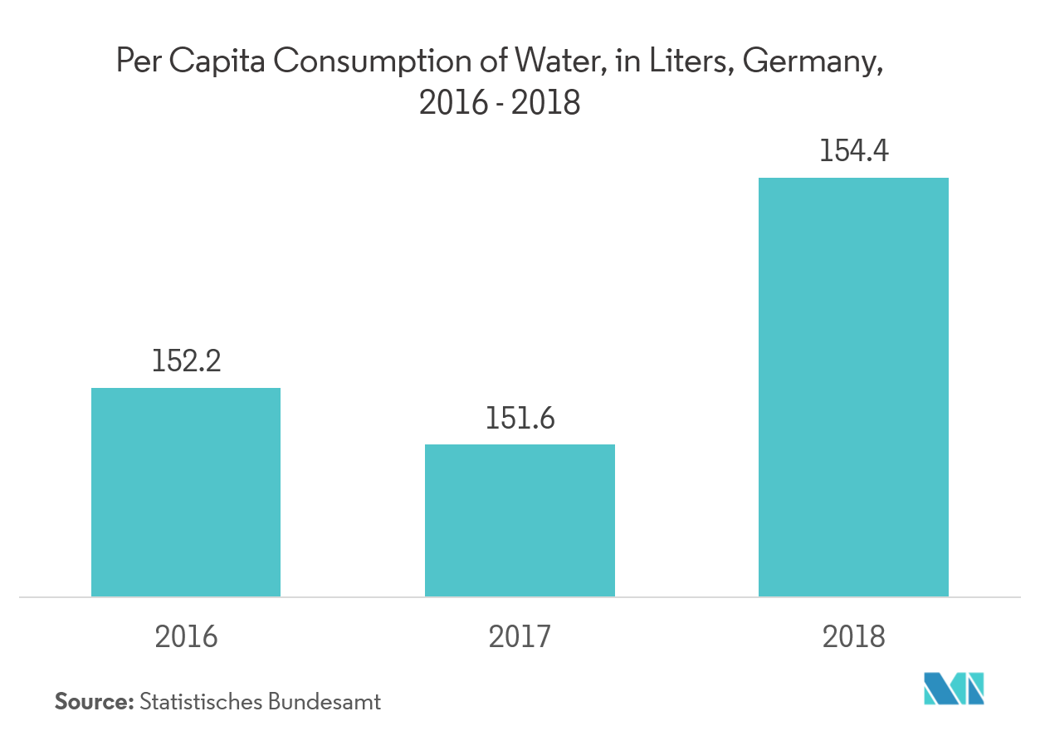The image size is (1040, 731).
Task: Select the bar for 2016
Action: pos(186,492)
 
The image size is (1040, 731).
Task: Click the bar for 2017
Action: pos(520,520)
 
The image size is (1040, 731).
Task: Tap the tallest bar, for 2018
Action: pos(853,387)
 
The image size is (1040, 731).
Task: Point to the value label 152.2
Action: pos(186,361)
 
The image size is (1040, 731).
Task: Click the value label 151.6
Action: pos(520,418)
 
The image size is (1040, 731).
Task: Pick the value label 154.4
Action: pos(854,151)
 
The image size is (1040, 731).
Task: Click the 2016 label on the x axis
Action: pos(186,636)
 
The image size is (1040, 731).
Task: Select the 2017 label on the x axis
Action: pos(520,636)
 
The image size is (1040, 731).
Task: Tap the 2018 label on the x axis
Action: pos(854,636)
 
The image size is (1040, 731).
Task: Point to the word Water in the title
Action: pos(560,61)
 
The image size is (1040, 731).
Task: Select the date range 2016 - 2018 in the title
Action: pos(500,104)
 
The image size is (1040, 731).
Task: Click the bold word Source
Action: pos(94,701)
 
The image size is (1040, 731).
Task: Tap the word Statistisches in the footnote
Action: pos(201,701)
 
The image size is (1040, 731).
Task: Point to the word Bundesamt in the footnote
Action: pos(325,701)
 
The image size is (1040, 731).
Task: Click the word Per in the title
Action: pos(136,61)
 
